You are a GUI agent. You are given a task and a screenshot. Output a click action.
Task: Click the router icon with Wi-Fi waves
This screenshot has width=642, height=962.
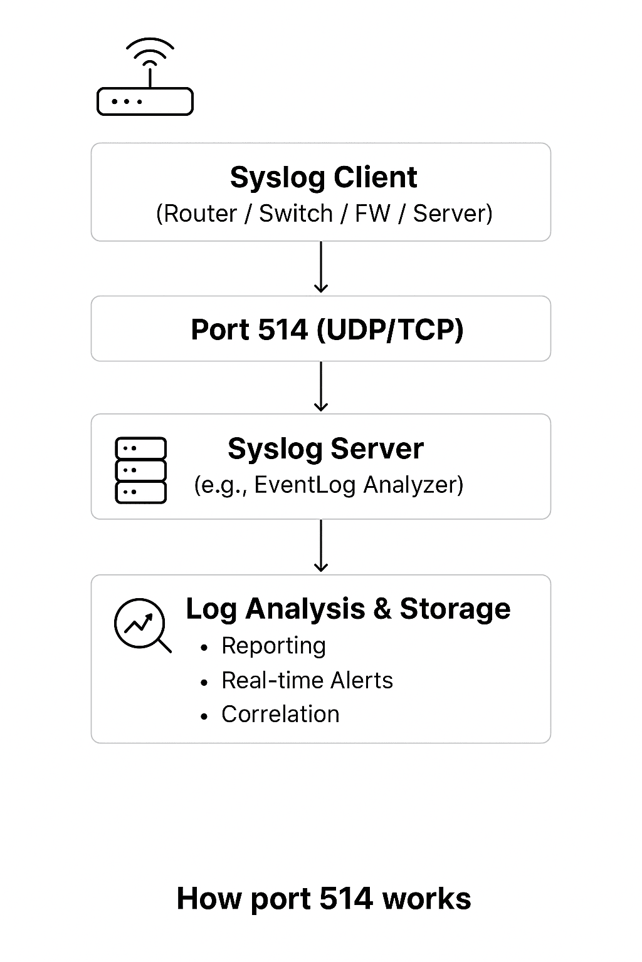click(145, 78)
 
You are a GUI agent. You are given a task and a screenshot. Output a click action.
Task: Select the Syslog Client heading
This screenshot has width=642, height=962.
click(323, 177)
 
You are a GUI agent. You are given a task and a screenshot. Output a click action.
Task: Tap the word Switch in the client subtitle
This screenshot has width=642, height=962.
click(295, 214)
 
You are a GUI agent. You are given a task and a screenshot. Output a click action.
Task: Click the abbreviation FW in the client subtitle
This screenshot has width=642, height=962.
click(372, 214)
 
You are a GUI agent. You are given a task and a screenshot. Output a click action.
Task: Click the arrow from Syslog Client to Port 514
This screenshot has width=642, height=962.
click(321, 267)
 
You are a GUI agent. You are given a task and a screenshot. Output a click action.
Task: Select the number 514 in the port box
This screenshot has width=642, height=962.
click(283, 329)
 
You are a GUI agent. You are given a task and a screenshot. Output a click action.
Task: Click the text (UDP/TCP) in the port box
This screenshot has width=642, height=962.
click(390, 329)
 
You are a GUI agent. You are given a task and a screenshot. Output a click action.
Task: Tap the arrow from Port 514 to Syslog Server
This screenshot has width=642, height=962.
click(321, 386)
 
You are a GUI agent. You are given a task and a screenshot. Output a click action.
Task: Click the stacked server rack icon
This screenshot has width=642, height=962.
click(141, 470)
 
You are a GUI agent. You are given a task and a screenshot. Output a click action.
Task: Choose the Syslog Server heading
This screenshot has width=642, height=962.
click(325, 448)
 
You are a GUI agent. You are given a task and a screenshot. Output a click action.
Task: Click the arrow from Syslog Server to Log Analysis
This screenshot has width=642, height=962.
click(321, 546)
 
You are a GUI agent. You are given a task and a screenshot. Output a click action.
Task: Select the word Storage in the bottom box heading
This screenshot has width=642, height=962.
click(455, 609)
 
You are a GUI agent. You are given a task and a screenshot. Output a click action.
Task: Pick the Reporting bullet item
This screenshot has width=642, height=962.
click(273, 646)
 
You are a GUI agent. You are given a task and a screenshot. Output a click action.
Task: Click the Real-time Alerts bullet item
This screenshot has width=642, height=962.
click(307, 680)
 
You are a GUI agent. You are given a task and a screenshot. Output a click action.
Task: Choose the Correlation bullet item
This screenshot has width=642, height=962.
click(280, 714)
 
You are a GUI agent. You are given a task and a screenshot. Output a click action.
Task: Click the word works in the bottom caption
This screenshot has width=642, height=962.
click(427, 899)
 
